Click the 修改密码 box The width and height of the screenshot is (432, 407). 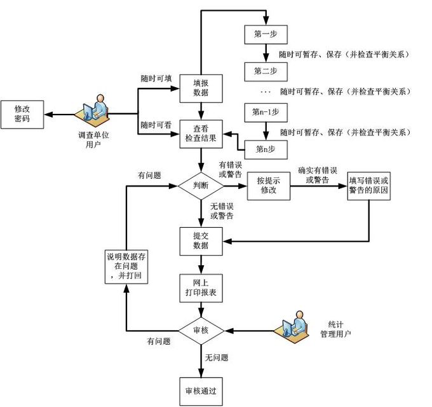pyautogui.click(x=22, y=114)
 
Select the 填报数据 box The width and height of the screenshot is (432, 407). pyautogui.click(x=201, y=88)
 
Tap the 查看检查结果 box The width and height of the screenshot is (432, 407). pyautogui.click(x=201, y=134)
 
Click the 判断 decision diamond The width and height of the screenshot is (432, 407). pyautogui.click(x=201, y=186)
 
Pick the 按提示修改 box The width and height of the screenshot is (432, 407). pyautogui.click(x=268, y=186)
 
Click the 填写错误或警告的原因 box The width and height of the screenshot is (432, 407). pyautogui.click(x=369, y=186)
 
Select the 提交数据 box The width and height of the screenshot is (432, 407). pyautogui.click(x=201, y=240)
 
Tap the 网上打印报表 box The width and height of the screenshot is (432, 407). pyautogui.click(x=201, y=287)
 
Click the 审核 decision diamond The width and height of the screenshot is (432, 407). pyautogui.click(x=201, y=331)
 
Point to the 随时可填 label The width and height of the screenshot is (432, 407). pyautogui.click(x=156, y=78)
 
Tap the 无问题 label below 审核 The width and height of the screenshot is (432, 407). pyautogui.click(x=216, y=357)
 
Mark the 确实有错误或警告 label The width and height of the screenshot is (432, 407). pyautogui.click(x=317, y=176)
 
